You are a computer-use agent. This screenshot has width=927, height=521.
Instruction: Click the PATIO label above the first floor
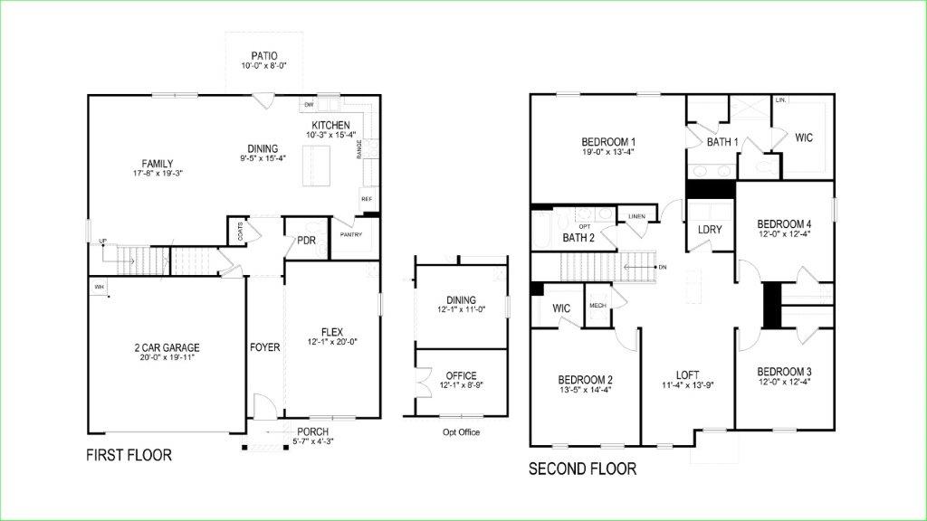pos(259,55)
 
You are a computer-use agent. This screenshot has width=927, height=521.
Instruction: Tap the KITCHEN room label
pos(330,125)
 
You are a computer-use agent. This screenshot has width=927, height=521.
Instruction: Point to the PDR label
pos(305,241)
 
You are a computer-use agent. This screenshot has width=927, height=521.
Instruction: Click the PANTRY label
pos(351,234)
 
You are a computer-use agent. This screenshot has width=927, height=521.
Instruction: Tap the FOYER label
pos(265,347)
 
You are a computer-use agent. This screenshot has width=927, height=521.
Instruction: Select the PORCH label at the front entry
pos(311,431)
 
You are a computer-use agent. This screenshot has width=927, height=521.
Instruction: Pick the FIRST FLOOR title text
pos(129,455)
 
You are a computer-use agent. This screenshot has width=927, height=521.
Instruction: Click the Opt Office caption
pos(461,431)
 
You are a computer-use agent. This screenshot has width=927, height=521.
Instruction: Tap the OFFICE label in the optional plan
pos(461,375)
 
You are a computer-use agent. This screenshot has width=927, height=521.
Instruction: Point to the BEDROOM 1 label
pos(608,142)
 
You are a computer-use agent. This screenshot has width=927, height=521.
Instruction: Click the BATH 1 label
pos(723,142)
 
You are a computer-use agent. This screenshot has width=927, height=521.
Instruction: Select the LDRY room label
pos(710,230)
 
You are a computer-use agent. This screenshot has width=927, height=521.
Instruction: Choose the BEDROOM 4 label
pos(784,224)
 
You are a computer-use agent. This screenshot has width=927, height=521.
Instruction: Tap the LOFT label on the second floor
pos(688,374)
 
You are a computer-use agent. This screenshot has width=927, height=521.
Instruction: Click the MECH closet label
pos(597,306)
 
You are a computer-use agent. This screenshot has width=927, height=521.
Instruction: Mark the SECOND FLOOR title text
pos(582,469)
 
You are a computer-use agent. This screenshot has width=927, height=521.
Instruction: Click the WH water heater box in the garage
pos(97,287)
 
